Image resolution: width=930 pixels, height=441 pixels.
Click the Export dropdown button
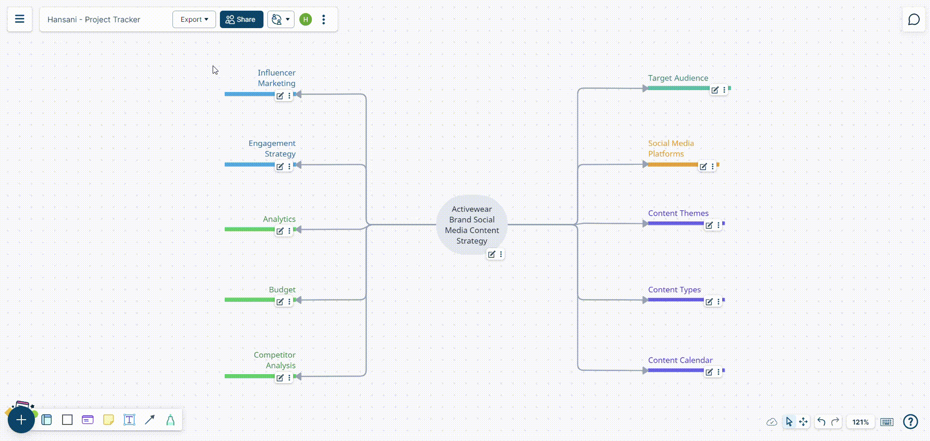(x=194, y=19)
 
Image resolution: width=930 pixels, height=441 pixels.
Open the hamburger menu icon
(x=20, y=19)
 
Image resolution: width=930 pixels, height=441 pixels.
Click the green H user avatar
(x=306, y=19)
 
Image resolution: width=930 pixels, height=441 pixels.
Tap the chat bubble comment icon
(x=914, y=19)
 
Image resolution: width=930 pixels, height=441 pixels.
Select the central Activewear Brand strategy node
(x=472, y=225)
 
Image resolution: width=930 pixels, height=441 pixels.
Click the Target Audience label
(x=678, y=78)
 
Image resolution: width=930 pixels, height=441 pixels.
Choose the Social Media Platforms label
(x=671, y=148)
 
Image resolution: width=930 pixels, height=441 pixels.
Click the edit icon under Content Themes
(x=709, y=225)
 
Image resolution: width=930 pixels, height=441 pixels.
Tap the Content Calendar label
(x=680, y=360)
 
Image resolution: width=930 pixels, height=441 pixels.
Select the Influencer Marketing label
(x=277, y=78)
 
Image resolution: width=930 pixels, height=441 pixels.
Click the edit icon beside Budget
(x=280, y=302)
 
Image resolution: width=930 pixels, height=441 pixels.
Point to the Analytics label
(x=279, y=219)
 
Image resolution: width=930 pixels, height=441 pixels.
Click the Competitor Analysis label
(x=275, y=360)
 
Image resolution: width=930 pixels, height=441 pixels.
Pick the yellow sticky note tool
(x=108, y=420)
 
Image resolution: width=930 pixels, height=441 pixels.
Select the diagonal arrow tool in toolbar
(x=150, y=420)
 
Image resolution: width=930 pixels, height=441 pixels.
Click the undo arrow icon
(x=821, y=422)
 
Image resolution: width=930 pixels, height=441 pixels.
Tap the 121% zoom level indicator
(x=860, y=422)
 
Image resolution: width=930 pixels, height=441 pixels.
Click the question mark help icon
(x=911, y=422)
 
